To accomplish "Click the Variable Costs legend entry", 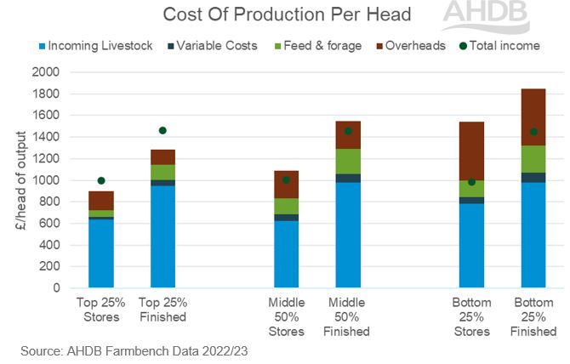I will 212,45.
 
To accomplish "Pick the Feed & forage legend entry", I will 313,45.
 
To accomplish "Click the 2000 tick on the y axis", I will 46,72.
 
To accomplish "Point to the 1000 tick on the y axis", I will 46,180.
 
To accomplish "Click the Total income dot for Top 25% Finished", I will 162,130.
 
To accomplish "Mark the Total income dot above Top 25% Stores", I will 101,180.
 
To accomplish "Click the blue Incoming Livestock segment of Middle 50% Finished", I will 348,236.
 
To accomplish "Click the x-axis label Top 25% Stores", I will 101,309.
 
